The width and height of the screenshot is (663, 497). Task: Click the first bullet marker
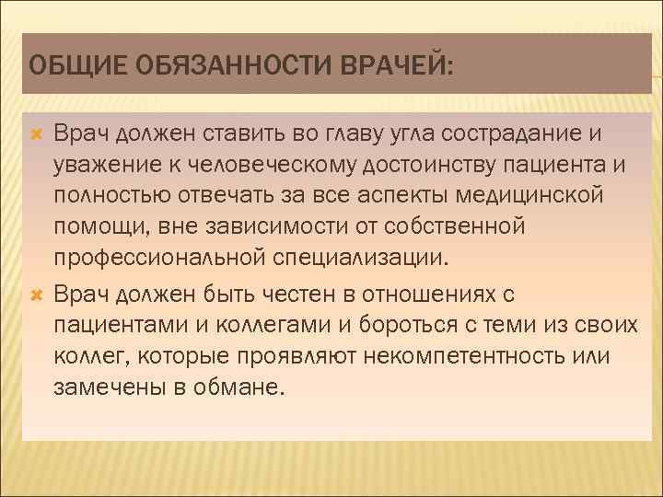point(38,135)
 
